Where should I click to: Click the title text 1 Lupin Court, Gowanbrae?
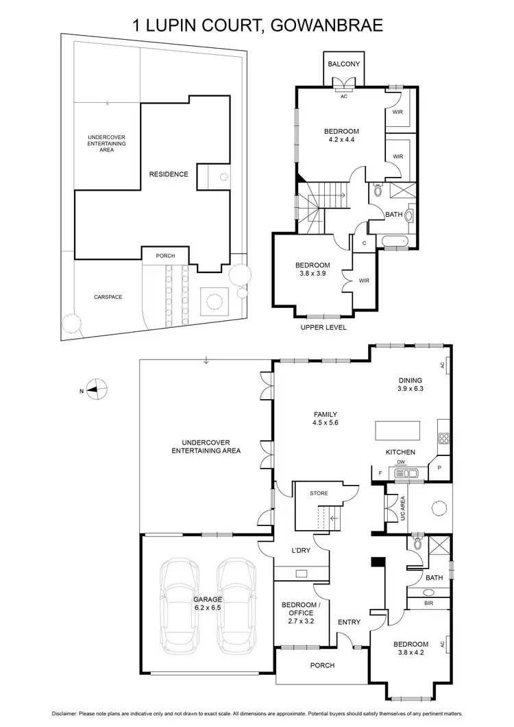coord(257,25)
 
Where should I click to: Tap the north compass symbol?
coord(98,390)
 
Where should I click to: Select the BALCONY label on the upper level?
coord(343,64)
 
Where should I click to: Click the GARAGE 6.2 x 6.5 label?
coord(207,604)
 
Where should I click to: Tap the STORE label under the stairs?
coord(319,493)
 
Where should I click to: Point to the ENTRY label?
coord(349,622)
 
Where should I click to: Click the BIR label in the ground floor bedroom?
coord(429,603)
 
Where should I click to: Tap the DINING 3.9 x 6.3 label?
coord(411,385)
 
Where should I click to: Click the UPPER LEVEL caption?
coord(323,327)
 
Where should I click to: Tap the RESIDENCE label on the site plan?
coord(169,174)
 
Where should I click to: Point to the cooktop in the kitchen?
coord(443,439)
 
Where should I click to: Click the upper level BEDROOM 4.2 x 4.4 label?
coord(341,136)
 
